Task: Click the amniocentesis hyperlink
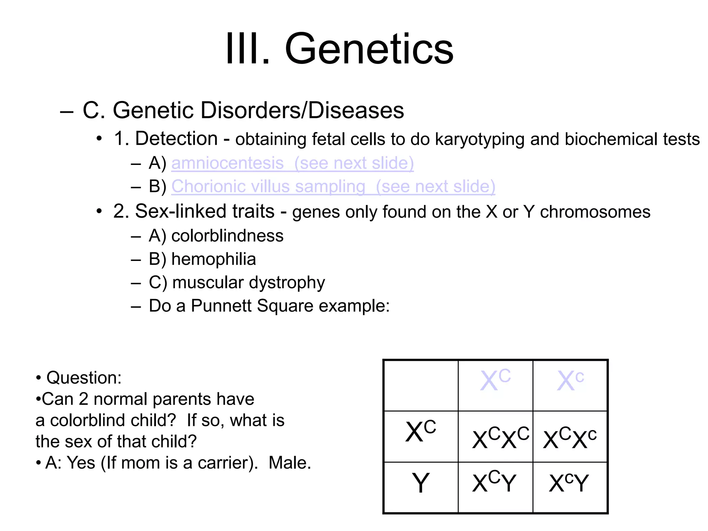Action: coord(227,163)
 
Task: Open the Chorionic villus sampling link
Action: coord(268,186)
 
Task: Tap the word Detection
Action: coord(176,139)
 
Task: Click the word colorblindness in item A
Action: coord(227,236)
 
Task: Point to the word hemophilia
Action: coord(214,259)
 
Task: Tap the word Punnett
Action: coord(221,306)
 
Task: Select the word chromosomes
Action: coord(595,212)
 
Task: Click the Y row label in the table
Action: coord(421,483)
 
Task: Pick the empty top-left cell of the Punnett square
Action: coord(421,385)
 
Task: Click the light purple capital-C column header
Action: coord(495,381)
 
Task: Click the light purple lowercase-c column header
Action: coord(570,381)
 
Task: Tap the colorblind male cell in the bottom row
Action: coord(569,483)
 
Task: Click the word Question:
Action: coord(84,378)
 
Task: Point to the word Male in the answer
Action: coord(289,463)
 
